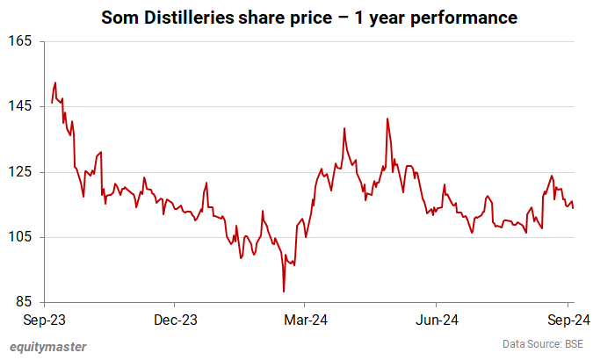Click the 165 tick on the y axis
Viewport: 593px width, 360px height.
(21, 41)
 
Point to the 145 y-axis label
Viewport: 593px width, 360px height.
(21, 106)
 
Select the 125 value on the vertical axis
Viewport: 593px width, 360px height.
(21, 172)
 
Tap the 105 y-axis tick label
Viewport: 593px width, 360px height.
(21, 237)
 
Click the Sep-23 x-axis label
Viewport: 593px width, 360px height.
(41, 320)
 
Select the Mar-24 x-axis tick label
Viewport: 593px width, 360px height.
(305, 320)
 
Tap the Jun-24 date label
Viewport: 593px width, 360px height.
(437, 320)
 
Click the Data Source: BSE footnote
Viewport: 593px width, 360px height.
(542, 344)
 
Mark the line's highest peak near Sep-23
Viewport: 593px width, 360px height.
(55, 83)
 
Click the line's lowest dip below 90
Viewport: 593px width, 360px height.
(284, 292)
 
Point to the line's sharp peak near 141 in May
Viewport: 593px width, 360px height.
(387, 119)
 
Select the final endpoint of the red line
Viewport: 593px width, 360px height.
(574, 208)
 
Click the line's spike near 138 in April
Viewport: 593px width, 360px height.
(344, 128)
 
